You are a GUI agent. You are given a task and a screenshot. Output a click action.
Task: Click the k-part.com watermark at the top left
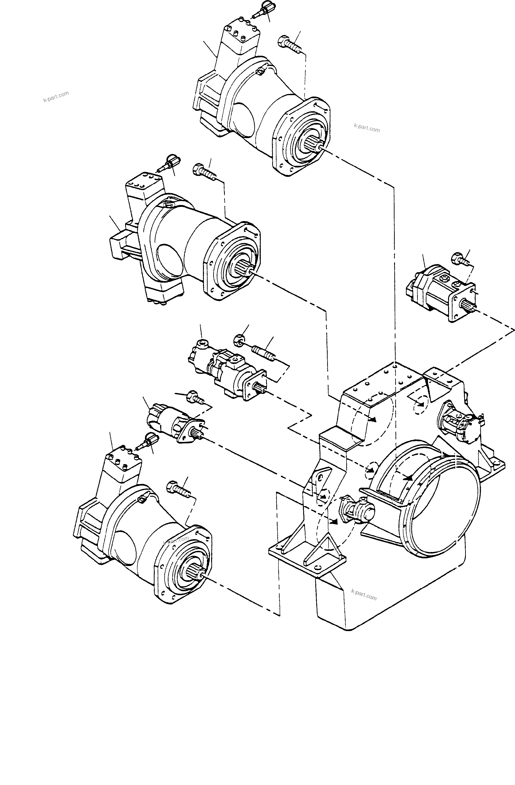tap(56, 96)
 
